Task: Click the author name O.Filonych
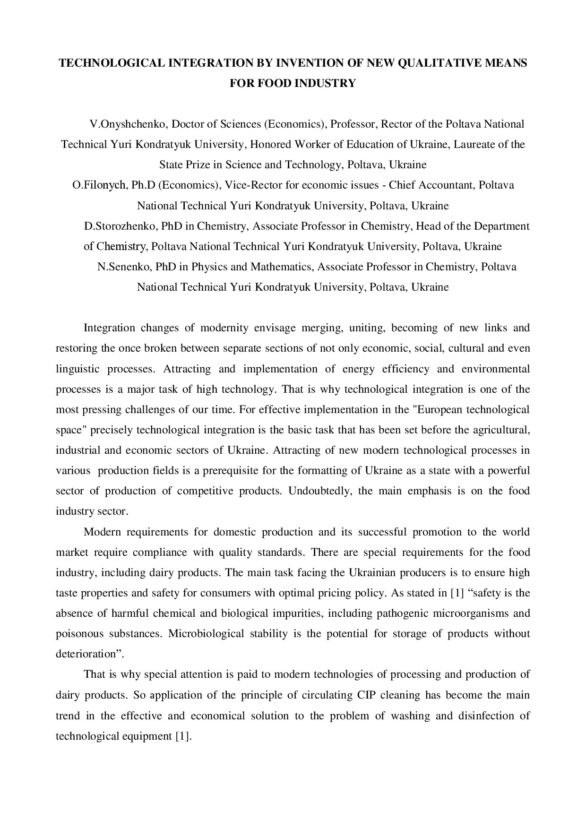pos(98,185)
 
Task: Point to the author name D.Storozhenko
pos(121,226)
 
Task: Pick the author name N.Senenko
pos(124,267)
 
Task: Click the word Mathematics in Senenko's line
pos(281,267)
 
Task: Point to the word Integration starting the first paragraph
pos(109,328)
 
